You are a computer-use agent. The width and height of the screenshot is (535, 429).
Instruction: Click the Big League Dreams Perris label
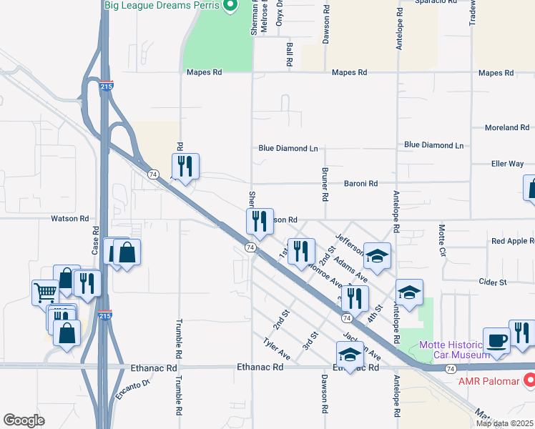161,5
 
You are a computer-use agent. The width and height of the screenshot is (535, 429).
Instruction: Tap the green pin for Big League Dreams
230,6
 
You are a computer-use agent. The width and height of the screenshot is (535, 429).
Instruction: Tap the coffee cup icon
496,341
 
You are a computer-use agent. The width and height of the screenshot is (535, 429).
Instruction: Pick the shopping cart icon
44,292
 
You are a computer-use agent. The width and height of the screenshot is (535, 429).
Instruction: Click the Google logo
24,420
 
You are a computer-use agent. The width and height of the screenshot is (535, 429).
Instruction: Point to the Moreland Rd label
506,128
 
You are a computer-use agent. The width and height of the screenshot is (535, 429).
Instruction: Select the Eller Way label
507,164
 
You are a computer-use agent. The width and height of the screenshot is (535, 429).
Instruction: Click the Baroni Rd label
362,184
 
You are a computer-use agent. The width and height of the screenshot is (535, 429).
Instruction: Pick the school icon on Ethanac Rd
350,353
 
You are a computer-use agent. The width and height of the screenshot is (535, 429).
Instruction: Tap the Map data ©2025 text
504,423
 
